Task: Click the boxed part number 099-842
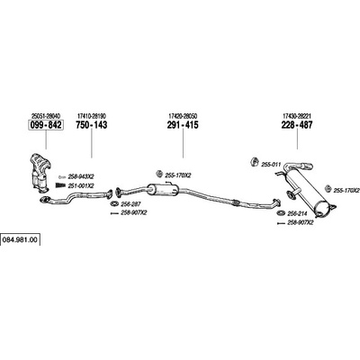(x=46, y=125)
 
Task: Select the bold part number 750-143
(x=92, y=125)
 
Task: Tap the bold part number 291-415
(x=183, y=125)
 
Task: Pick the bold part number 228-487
(x=297, y=125)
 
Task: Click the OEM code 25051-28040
(x=46, y=116)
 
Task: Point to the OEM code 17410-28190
(x=92, y=116)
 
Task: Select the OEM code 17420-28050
(x=183, y=116)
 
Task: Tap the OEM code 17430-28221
(x=297, y=116)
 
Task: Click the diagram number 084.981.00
(x=20, y=240)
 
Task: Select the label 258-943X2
(x=81, y=176)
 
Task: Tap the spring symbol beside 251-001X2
(x=60, y=185)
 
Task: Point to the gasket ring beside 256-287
(x=114, y=204)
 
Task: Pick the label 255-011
(x=271, y=165)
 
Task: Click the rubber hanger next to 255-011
(x=255, y=162)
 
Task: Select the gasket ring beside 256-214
(x=281, y=213)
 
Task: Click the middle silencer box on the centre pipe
(x=164, y=189)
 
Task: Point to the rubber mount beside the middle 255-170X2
(x=159, y=174)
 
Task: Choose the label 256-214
(x=296, y=213)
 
